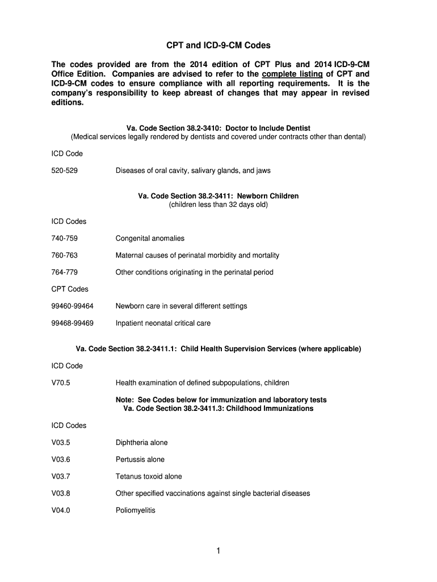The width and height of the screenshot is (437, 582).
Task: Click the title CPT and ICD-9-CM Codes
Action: point(218,44)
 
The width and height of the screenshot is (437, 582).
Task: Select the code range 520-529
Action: point(64,171)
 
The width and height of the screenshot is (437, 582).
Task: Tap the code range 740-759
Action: point(64,238)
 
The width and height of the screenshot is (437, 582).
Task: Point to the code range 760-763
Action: point(64,255)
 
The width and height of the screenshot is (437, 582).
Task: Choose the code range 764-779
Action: point(64,272)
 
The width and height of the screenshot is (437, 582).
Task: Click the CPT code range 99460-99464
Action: point(72,306)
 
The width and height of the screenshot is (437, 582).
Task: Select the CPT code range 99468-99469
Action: point(72,323)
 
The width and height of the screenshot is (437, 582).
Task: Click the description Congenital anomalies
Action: point(150,238)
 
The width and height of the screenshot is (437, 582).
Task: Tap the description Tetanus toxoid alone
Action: point(149,476)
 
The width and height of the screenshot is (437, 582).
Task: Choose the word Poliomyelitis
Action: point(135,510)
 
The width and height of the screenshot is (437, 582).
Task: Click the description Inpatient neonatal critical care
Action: point(163,323)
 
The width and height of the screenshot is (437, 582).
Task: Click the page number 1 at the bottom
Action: point(218,551)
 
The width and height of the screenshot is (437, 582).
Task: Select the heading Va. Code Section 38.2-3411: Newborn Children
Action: point(218,196)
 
